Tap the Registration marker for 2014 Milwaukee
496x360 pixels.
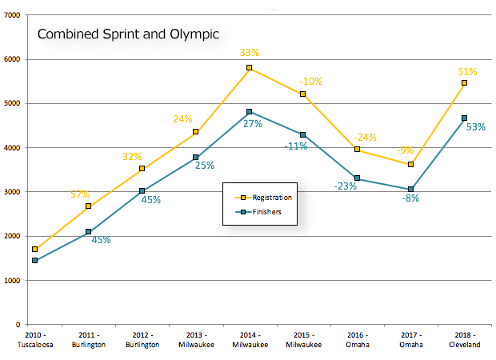point(250,68)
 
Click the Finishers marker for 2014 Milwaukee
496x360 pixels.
point(250,112)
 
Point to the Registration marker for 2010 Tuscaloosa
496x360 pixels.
point(35,250)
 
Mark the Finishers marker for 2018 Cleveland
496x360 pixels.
point(464,118)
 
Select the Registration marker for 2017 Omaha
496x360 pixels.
point(410,164)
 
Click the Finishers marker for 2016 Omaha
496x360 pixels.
point(357,178)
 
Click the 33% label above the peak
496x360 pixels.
point(249,53)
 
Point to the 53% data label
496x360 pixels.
point(476,127)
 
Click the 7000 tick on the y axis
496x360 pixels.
point(14,15)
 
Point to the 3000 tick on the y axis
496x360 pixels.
point(14,192)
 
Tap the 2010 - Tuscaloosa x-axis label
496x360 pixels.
point(35,339)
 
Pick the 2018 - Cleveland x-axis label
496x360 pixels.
point(464,339)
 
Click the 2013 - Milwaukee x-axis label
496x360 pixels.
point(196,339)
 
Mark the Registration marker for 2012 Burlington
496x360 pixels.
point(142,169)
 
